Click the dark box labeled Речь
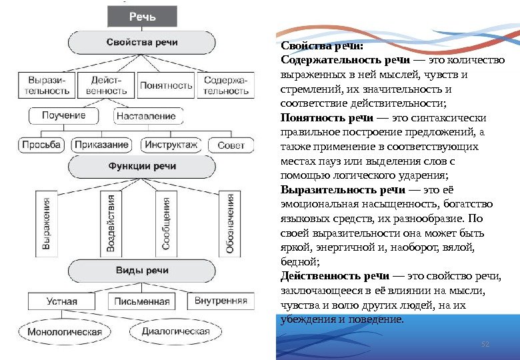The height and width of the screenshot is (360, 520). pos(142,17)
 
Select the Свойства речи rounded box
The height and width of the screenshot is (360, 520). pos(142,42)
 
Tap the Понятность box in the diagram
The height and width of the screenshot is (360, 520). pos(166,85)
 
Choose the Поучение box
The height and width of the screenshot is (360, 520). pos(65,116)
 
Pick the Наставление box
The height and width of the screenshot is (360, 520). pos(146,116)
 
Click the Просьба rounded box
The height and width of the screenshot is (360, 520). pos(41,145)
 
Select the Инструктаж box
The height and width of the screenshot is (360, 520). pos(171,145)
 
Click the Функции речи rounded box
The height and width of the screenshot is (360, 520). pos(143,167)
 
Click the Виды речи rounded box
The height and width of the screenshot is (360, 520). pos(143,271)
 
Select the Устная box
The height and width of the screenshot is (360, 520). pos(62,301)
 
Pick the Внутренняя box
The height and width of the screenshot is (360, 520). pos(221,301)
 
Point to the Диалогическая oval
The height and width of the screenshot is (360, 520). pos(176,331)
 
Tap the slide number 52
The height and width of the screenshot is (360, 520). pos(485,343)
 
